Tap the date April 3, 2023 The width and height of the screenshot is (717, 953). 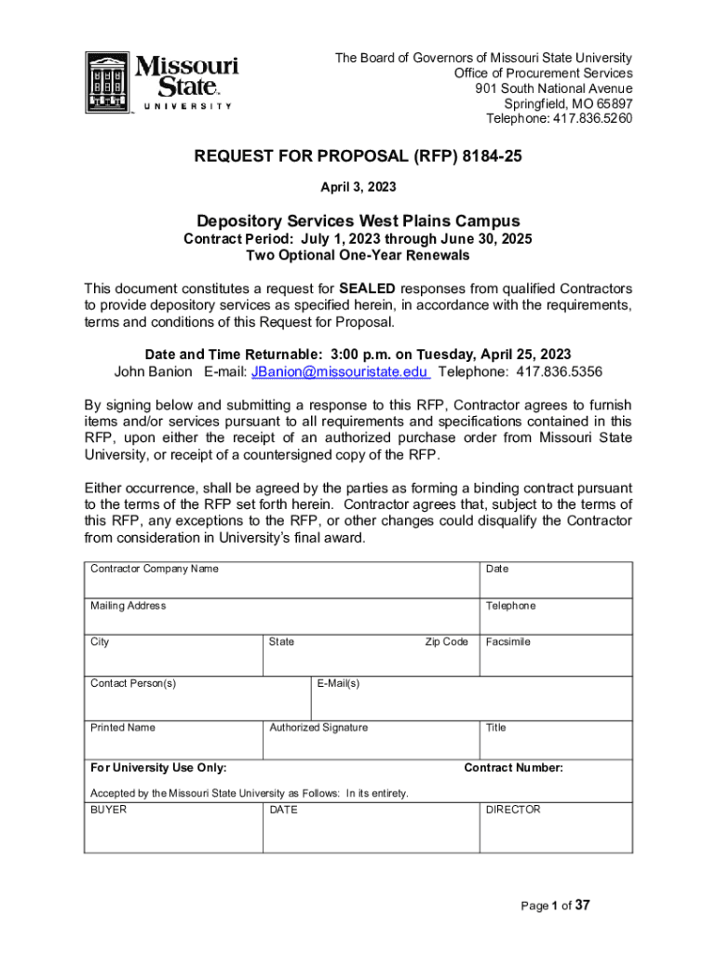pos(358,187)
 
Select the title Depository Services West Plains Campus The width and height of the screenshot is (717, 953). pos(358,221)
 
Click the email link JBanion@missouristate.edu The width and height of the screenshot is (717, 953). pos(340,371)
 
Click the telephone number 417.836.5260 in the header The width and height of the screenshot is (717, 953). pos(591,118)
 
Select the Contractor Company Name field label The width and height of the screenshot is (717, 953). pos(155,569)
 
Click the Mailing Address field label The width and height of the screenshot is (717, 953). pos(129,606)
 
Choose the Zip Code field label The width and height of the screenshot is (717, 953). pos(446,642)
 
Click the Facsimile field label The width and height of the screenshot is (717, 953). pos(507,642)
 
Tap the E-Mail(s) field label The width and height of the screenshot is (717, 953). pos(338,683)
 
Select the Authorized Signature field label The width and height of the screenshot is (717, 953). pos(318,727)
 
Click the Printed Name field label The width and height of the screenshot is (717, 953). pos(123,727)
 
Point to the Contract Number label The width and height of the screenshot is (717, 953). pos(513,768)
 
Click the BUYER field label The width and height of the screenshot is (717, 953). pos(108,810)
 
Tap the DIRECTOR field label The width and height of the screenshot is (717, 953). pos(513,810)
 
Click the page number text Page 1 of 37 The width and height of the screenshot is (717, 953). pos(555,906)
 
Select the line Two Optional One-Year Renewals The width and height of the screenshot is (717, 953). pos(358,255)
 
